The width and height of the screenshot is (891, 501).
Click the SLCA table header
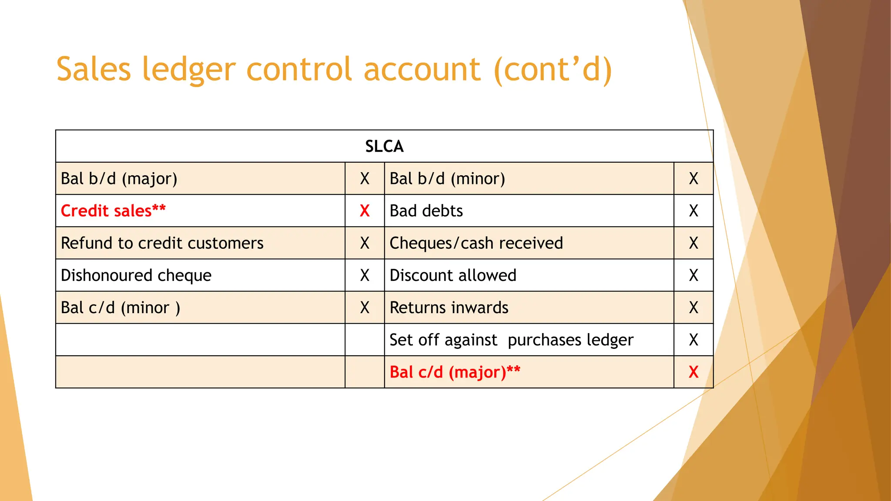tap(384, 146)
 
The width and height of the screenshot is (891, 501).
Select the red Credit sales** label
tap(113, 211)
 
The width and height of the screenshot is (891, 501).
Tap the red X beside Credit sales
tap(365, 211)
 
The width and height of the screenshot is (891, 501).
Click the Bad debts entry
tap(426, 211)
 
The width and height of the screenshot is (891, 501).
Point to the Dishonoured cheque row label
tap(136, 275)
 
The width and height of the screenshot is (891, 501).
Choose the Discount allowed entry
tap(452, 275)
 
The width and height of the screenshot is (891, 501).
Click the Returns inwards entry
tap(449, 307)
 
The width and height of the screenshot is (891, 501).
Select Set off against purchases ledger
tap(511, 340)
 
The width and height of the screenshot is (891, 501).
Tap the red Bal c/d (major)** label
tap(455, 372)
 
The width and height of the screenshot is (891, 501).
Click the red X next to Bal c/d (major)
tap(693, 372)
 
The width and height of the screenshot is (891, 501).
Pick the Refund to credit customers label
tap(162, 243)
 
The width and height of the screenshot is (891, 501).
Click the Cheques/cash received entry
tap(476, 243)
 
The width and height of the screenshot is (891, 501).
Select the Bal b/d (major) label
tap(119, 179)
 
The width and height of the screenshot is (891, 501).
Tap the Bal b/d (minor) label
tap(447, 179)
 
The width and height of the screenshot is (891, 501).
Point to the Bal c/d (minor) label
tap(120, 307)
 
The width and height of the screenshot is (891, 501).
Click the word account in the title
tap(422, 70)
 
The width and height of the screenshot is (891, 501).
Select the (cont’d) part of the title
tap(553, 70)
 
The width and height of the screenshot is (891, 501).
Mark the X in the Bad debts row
tap(693, 211)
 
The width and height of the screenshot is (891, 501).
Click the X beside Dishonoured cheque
tap(365, 275)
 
